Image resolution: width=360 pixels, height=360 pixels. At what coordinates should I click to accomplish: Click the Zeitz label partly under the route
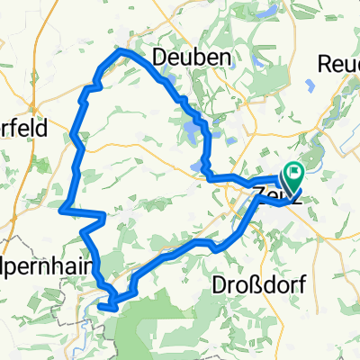click(x=270, y=192)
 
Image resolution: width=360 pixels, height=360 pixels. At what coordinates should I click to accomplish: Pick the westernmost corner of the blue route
click(x=61, y=211)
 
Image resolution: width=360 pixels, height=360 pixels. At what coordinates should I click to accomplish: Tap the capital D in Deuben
click(x=159, y=57)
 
